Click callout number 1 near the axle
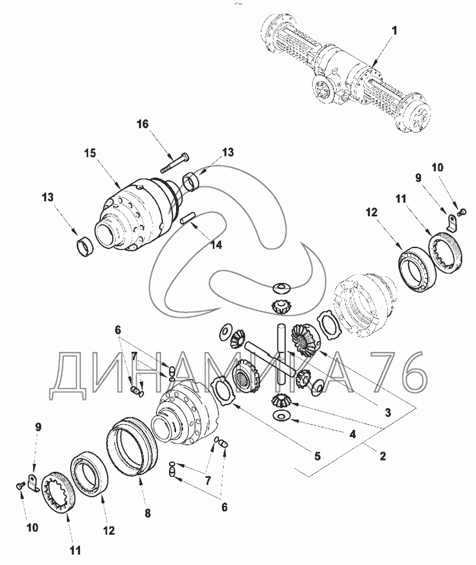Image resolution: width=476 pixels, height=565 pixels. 395,31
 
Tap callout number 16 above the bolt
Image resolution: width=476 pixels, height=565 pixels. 143,124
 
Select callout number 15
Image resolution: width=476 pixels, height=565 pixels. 90,153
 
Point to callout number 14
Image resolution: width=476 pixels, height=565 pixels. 216,245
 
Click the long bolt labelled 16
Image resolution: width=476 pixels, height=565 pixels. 175,163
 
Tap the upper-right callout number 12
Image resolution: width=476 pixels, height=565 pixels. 371,213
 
